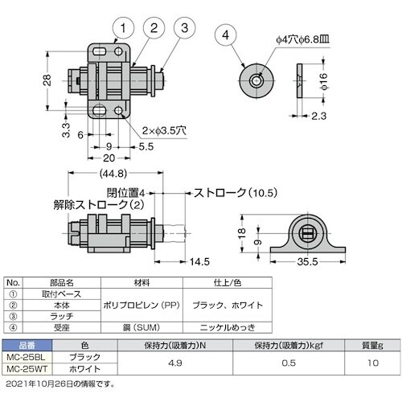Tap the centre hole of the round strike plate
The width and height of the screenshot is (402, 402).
pyautogui.click(x=256, y=80)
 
